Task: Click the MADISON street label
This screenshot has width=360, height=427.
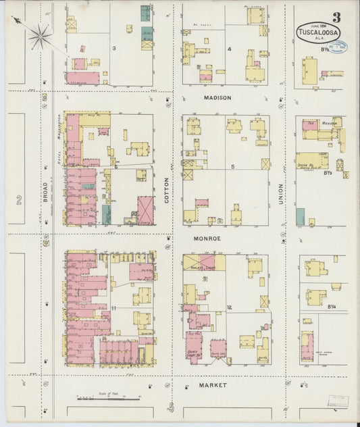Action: (x=217, y=98)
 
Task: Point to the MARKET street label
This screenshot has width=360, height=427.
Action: (x=213, y=385)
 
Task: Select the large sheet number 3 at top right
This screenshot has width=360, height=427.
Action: (x=336, y=16)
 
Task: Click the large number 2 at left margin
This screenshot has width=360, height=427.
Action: (x=20, y=199)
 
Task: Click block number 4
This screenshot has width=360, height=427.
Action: (x=230, y=49)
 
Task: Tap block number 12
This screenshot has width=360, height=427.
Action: (x=230, y=309)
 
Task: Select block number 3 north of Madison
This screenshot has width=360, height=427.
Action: (x=114, y=48)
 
